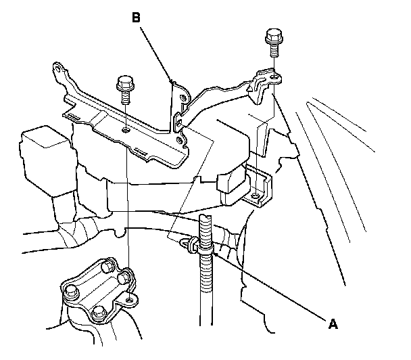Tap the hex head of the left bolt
pos(124,82)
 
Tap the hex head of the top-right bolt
pos(274,33)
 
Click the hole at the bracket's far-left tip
pos(59,68)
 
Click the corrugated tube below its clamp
pos(202,298)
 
